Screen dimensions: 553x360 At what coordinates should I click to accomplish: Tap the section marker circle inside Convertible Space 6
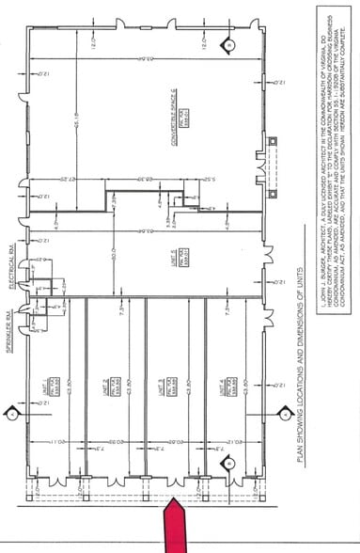tap(228, 44)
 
